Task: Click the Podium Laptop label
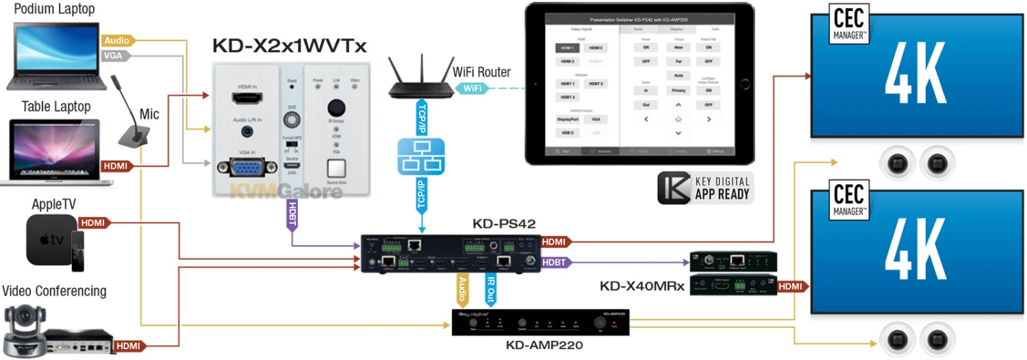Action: pos(55,10)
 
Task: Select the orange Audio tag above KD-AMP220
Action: pos(461,290)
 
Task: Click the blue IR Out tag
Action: pos(491,290)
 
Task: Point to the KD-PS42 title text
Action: pos(503,224)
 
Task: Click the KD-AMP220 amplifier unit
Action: pos(539,322)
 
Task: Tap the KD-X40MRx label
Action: pos(642,286)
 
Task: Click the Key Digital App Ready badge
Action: pos(705,188)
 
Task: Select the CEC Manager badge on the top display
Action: pos(850,25)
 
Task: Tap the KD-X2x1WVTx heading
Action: pos(290,46)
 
